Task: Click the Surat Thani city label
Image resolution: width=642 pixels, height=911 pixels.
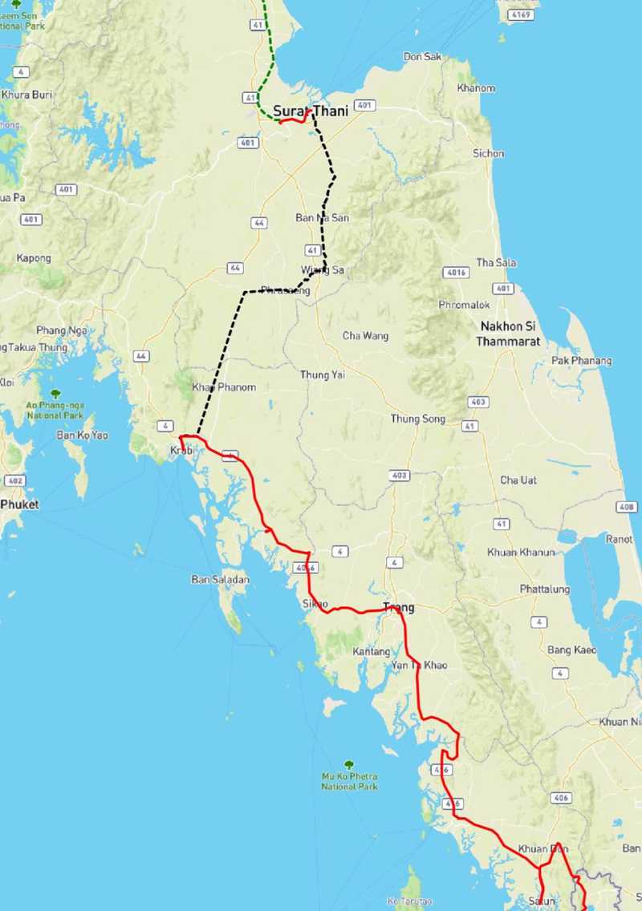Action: [x=311, y=111]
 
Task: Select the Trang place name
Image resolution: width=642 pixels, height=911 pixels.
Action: [x=399, y=607]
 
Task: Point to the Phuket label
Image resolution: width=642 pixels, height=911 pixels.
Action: [x=19, y=504]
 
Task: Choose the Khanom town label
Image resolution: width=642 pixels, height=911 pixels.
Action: [x=476, y=88]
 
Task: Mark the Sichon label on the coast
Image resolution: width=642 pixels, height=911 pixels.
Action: [x=489, y=153]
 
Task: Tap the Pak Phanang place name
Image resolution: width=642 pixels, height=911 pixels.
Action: [x=582, y=361]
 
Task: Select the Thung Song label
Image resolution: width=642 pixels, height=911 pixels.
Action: [x=416, y=419]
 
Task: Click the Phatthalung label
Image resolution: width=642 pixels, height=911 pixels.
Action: [x=545, y=589]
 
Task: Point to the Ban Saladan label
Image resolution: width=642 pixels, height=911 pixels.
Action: [x=220, y=579]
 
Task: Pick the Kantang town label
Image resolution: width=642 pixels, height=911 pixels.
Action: [x=372, y=652]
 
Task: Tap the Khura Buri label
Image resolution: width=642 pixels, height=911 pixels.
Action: [x=26, y=95]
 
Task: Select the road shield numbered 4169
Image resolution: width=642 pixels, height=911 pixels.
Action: [x=520, y=14]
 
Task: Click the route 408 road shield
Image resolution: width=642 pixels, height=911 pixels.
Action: [x=627, y=507]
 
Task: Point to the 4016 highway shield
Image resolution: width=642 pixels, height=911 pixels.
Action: [x=457, y=273]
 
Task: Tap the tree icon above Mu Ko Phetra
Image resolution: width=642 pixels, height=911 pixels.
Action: [x=349, y=764]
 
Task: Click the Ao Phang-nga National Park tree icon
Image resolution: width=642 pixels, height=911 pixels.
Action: [x=55, y=394]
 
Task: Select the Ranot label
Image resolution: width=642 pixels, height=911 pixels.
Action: [x=619, y=540]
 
